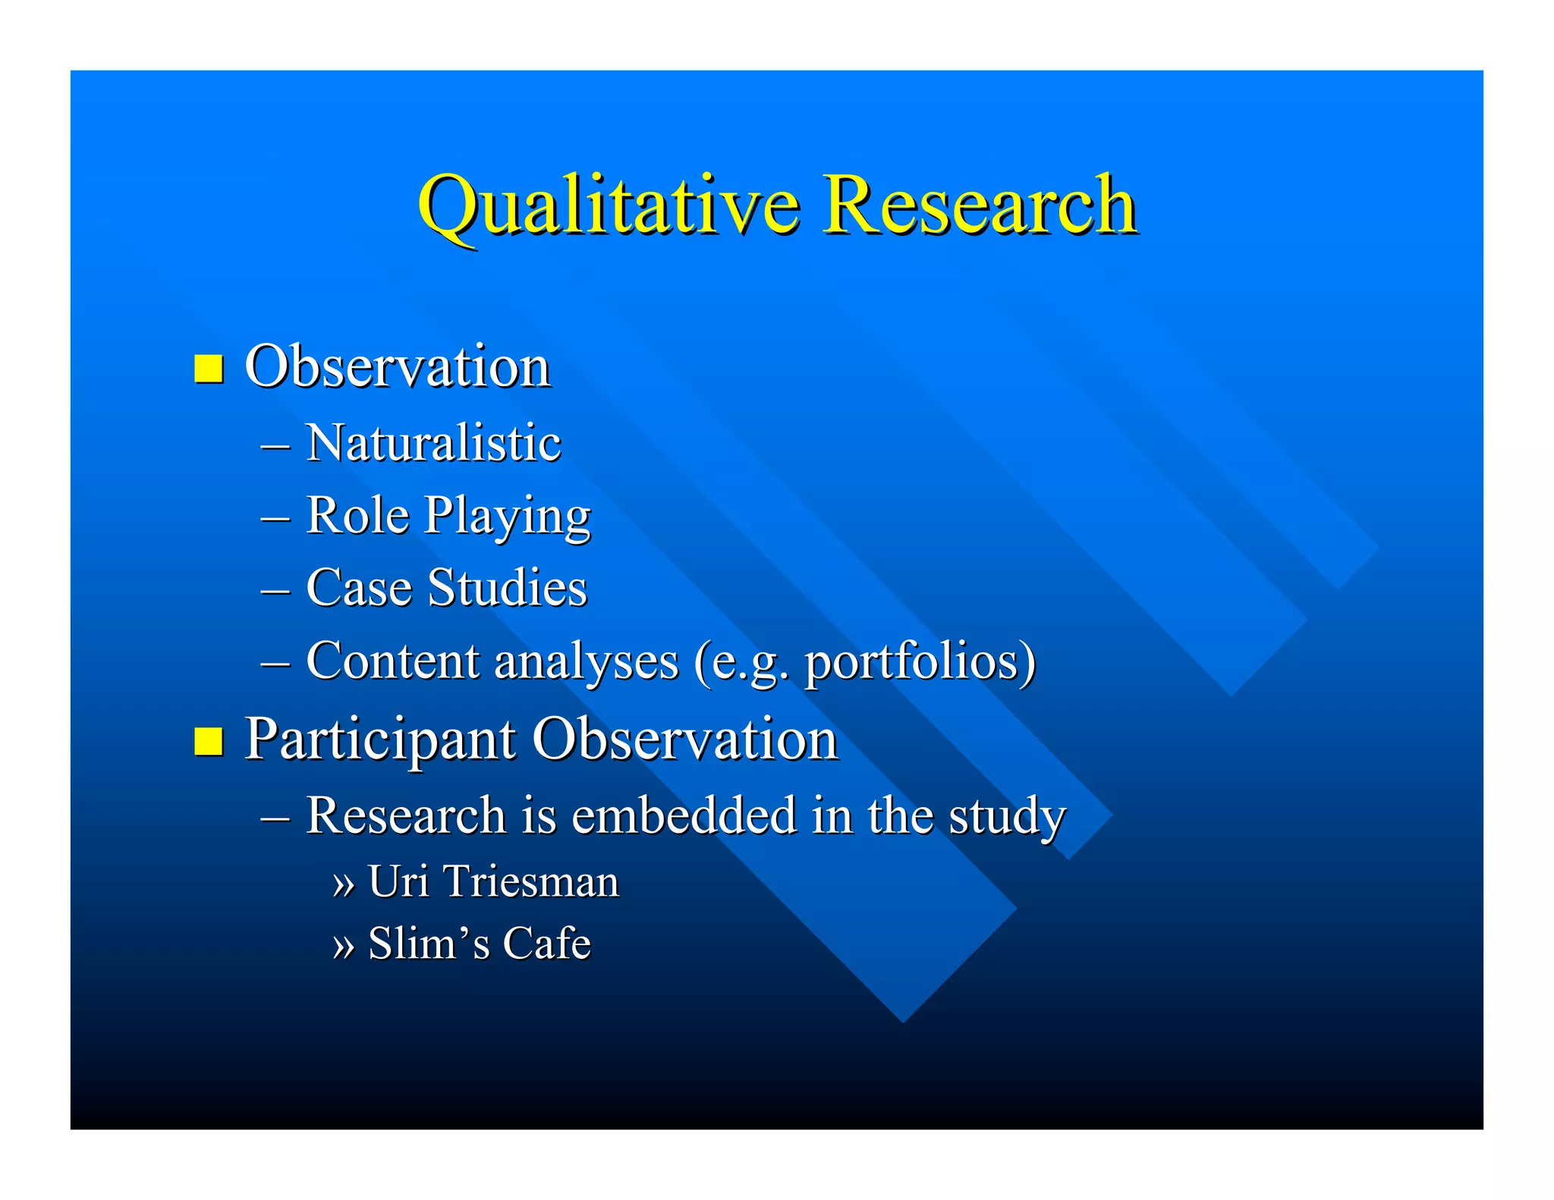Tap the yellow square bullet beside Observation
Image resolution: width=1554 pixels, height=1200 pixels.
[209, 369]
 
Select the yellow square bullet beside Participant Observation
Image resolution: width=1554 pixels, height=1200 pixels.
[209, 741]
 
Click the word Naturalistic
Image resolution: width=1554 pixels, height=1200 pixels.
[433, 443]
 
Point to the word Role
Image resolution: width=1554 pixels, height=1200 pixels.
[357, 516]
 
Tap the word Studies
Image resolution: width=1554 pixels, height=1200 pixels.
[507, 588]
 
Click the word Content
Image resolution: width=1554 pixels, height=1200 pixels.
[392, 661]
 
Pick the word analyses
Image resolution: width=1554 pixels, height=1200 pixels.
[586, 662]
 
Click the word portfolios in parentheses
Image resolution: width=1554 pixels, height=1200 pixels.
[914, 662]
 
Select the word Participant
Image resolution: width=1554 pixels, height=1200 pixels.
[380, 740]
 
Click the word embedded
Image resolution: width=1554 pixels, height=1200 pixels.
[684, 815]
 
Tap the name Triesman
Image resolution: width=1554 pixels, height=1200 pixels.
[531, 881]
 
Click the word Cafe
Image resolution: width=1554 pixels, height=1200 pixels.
[546, 944]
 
